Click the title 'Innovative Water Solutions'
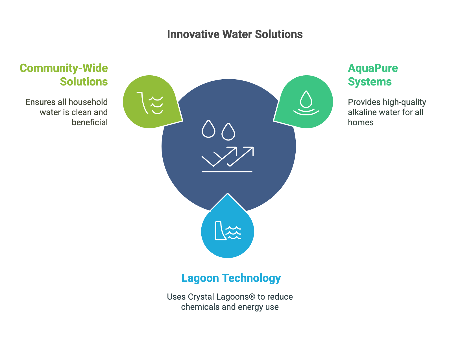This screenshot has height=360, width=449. tap(235, 34)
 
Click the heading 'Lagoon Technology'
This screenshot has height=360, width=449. tap(231, 278)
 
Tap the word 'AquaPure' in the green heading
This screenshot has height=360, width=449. tap(373, 69)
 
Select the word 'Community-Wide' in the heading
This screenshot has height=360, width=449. tap(64, 68)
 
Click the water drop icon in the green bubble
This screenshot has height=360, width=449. tap(306, 103)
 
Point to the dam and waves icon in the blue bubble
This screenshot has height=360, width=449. tap(228, 231)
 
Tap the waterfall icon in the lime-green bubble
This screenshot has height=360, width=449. tap(150, 103)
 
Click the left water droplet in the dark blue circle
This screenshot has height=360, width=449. tap(208, 129)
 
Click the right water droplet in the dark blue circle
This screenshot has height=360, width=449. tap(228, 132)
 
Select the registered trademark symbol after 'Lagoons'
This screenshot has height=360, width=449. tap(252, 297)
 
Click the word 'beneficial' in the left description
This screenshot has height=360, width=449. tap(90, 122)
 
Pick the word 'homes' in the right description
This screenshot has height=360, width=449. tap(361, 122)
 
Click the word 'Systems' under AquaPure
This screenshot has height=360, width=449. tap(370, 82)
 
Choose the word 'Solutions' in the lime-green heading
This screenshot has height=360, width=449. tap(84, 82)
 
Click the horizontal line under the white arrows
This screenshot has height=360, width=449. tap(227, 172)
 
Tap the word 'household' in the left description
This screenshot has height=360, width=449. tap(88, 102)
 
